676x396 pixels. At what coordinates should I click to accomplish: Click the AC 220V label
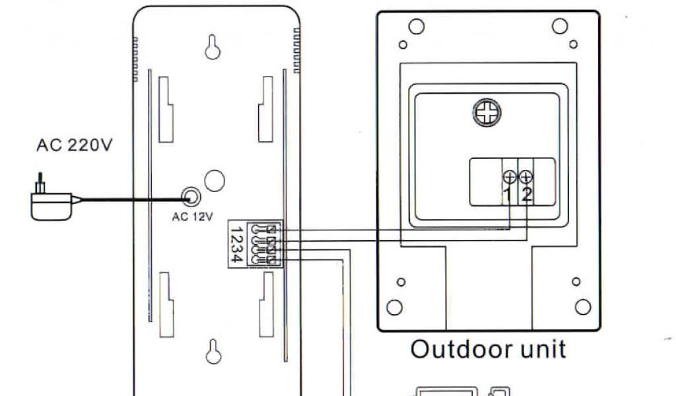(x=74, y=145)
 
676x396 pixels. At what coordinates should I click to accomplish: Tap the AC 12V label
(x=192, y=216)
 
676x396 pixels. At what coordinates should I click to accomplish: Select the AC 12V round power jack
(x=191, y=197)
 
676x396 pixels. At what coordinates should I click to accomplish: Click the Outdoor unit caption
(x=488, y=349)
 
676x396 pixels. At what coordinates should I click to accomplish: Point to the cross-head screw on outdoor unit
(x=487, y=114)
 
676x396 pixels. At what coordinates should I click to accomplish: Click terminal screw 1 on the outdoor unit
(x=510, y=177)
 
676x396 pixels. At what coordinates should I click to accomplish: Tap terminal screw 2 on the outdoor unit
(x=525, y=177)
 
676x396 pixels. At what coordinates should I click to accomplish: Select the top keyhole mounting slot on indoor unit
(x=213, y=47)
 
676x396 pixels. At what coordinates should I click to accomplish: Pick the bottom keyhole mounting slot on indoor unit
(x=213, y=351)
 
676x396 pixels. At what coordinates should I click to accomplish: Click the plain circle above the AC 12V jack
(x=215, y=180)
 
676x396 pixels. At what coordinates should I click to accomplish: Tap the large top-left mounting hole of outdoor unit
(x=416, y=26)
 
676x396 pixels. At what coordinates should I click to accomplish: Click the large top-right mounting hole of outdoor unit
(x=560, y=26)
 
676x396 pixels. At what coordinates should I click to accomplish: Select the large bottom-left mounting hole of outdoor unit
(x=394, y=307)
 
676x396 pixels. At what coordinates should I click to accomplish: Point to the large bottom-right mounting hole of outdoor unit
(x=582, y=307)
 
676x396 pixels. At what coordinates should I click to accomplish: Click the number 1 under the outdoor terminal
(x=508, y=194)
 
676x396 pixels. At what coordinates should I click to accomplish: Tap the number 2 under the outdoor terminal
(x=526, y=194)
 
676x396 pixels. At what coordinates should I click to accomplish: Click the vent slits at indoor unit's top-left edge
(x=136, y=59)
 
